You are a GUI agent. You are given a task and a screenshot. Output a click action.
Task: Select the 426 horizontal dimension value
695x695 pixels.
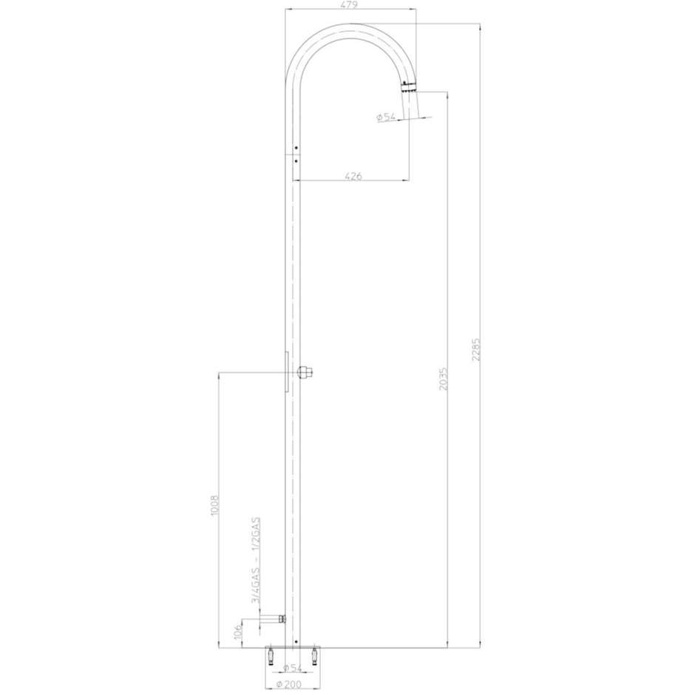[x=353, y=175]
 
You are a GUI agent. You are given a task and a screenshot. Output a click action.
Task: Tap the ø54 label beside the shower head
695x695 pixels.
[x=387, y=118]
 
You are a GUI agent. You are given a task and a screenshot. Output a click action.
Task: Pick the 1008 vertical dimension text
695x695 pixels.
[x=215, y=508]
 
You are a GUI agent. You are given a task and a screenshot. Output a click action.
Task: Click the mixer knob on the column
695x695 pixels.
[x=305, y=372]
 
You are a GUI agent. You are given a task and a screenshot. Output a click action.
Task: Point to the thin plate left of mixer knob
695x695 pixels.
[x=287, y=371]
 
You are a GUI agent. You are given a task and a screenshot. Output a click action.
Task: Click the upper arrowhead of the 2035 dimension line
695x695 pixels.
[x=449, y=94]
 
